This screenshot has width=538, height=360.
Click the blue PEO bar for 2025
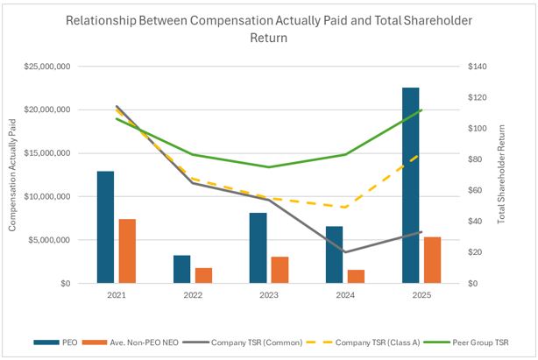pyautogui.click(x=411, y=186)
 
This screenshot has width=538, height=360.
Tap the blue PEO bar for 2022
pyautogui.click(x=182, y=269)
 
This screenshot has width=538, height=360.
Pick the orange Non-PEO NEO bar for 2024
pyautogui.click(x=357, y=276)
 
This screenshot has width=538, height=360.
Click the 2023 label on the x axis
pyautogui.click(x=269, y=297)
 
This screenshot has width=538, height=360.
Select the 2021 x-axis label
pyautogui.click(x=117, y=297)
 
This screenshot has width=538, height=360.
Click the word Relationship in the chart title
pyautogui.click(x=104, y=19)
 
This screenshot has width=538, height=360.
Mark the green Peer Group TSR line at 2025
pyautogui.click(x=421, y=110)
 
